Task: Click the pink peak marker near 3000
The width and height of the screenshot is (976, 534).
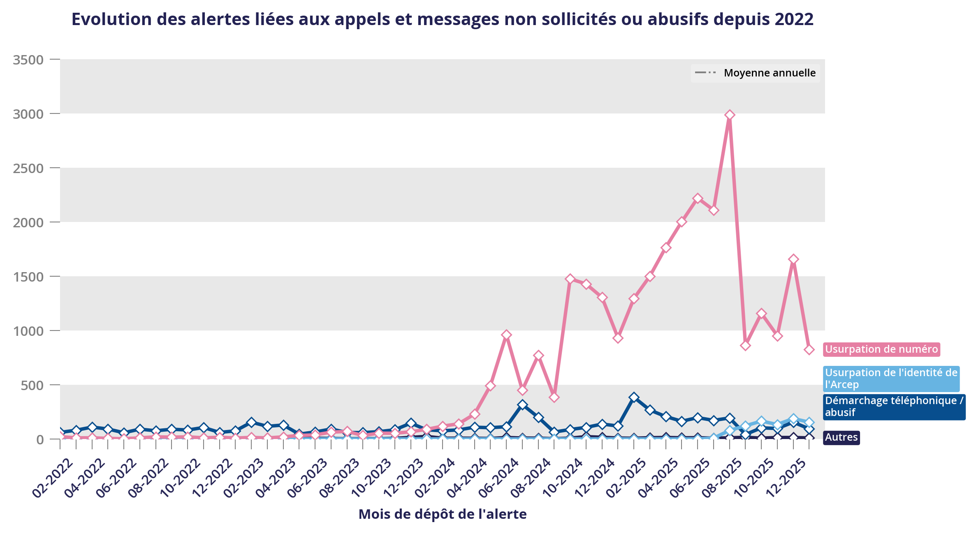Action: click(x=730, y=115)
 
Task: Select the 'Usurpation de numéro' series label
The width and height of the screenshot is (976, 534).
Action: click(x=881, y=349)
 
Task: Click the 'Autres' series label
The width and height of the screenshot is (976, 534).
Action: click(x=841, y=437)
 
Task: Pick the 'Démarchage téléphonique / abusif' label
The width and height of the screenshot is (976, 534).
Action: click(x=894, y=407)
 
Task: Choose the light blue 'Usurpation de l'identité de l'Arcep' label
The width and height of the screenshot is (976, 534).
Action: click(x=891, y=379)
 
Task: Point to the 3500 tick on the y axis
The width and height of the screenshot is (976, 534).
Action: click(x=28, y=60)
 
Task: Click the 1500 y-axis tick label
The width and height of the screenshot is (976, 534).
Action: click(x=28, y=277)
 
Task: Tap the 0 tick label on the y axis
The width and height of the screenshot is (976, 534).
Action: click(x=40, y=440)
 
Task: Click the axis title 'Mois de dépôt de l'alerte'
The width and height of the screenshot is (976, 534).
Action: click(x=443, y=514)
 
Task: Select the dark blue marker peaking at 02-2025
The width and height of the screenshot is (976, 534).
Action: click(x=634, y=397)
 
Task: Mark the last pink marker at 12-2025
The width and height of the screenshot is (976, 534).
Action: click(x=809, y=350)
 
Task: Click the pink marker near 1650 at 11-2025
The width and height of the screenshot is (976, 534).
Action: click(x=793, y=259)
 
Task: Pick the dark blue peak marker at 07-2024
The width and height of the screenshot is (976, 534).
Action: click(x=522, y=405)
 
